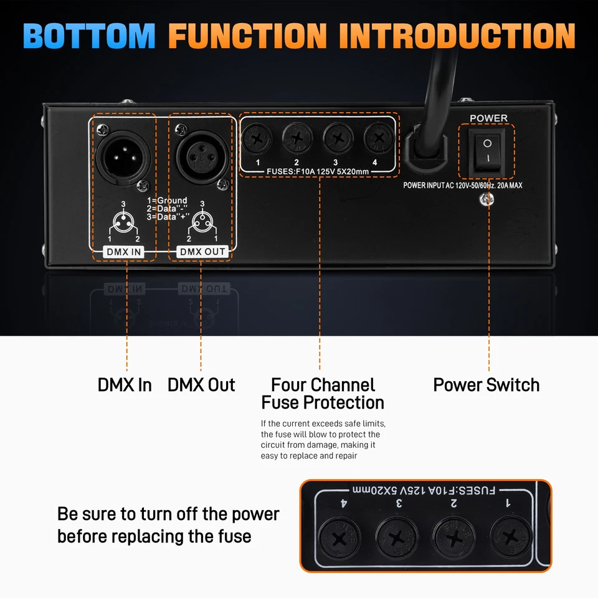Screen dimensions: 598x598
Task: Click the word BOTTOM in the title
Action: pyautogui.click(x=89, y=36)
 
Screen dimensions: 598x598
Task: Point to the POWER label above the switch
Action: pyautogui.click(x=488, y=118)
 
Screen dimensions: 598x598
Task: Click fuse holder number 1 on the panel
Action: pyautogui.click(x=257, y=138)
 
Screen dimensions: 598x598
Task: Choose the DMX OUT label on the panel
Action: pyautogui.click(x=202, y=252)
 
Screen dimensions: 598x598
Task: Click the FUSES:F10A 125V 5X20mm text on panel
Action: pyautogui.click(x=317, y=171)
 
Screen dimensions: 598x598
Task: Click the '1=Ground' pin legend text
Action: pyautogui.click(x=166, y=201)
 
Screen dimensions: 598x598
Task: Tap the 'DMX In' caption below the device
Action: pyautogui.click(x=125, y=385)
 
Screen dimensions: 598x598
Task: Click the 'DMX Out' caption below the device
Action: pyautogui.click(x=201, y=385)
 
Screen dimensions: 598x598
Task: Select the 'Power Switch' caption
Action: pyautogui.click(x=486, y=385)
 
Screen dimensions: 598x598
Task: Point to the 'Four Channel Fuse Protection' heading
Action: pyautogui.click(x=323, y=394)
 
